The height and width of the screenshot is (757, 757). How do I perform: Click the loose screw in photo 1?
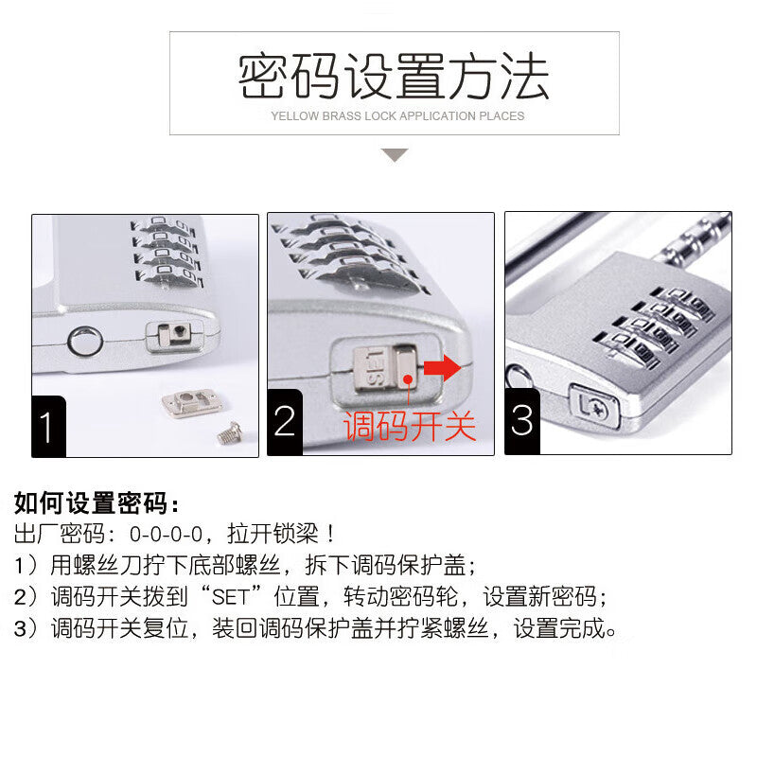point(229,432)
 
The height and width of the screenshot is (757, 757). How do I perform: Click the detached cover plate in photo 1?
point(192,403)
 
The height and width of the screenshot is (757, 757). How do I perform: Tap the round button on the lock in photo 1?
point(85,342)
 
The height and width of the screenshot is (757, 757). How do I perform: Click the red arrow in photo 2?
point(442,368)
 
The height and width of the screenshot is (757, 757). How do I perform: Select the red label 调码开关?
point(410,426)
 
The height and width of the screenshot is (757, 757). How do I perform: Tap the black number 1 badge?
point(48,427)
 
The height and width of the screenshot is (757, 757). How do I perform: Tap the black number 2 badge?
point(285,422)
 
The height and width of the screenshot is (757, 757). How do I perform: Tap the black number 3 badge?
point(522,421)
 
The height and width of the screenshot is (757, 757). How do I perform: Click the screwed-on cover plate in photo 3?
point(594,406)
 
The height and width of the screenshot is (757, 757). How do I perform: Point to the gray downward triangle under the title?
point(395,155)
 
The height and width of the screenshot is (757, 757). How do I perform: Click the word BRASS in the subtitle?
point(342,116)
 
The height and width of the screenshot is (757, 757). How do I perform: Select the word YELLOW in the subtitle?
point(294,116)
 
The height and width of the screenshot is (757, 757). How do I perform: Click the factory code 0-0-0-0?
point(166,535)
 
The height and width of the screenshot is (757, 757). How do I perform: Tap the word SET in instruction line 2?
point(231,597)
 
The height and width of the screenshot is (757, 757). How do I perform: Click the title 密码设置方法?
point(394,76)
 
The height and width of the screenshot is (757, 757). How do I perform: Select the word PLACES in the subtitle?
point(502,116)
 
